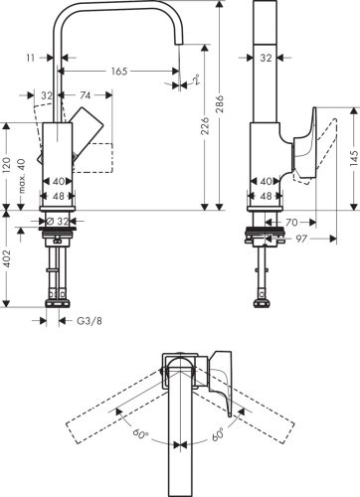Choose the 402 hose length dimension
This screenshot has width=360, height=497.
(7, 260)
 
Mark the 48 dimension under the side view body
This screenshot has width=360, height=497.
(266, 197)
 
